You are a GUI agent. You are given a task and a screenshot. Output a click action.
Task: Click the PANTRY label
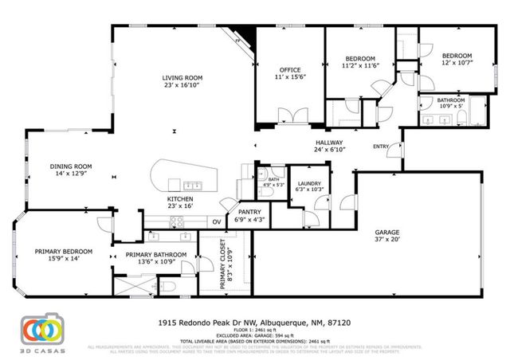click(251, 213)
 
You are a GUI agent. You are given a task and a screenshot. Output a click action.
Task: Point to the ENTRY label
click(382, 146)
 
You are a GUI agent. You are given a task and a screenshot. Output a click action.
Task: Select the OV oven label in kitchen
click(216, 222)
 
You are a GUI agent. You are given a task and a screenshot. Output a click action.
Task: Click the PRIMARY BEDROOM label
click(63, 251)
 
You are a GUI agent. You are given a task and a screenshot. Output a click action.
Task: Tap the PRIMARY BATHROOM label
click(156, 254)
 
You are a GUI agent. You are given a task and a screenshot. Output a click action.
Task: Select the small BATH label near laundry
click(273, 180)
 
